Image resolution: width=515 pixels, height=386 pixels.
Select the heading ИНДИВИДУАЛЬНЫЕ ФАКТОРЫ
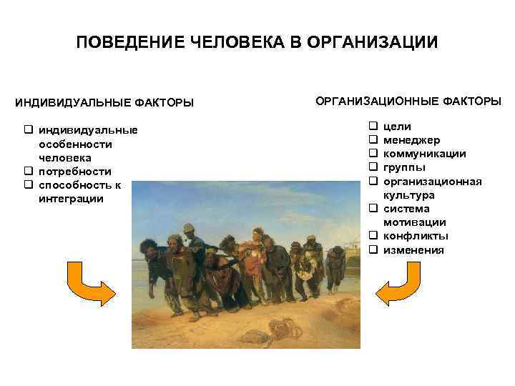coord(104,103)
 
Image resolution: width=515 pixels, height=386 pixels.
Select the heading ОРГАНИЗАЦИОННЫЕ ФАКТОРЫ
coord(408,101)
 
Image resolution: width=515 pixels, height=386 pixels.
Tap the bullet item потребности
coord(75,172)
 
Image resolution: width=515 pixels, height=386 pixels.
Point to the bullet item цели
coord(397,127)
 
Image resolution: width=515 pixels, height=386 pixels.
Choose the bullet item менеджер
coord(412,140)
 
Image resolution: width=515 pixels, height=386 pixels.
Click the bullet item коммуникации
coord(425,154)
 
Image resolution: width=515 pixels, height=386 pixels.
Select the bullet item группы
coord(404,167)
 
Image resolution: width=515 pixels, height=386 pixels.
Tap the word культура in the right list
coord(408,195)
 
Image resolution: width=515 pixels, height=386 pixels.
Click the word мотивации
coord(414,222)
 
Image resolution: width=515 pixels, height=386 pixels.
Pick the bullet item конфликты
coord(416,236)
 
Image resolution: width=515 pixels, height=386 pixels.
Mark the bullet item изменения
coord(413,250)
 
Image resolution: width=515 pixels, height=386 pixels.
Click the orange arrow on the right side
coord(403,284)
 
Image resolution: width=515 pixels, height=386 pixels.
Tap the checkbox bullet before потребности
coord(29,172)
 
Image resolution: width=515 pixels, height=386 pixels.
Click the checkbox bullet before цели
coord(373,127)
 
